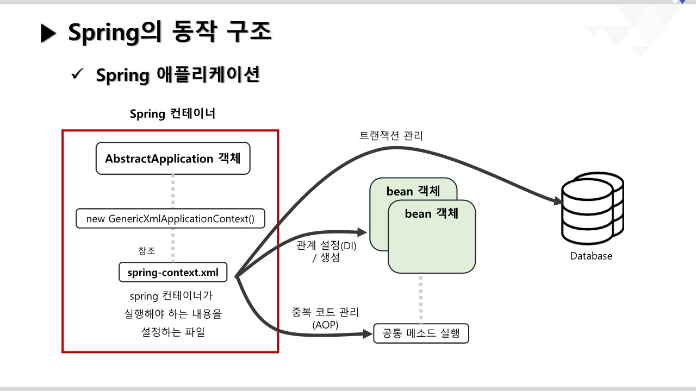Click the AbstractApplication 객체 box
(173, 159)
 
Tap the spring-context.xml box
(173, 273)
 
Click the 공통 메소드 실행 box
(421, 333)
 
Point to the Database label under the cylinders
(591, 256)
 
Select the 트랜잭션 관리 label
(391, 136)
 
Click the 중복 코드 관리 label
(326, 313)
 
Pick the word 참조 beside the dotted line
(147, 251)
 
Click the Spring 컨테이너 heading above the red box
(173, 114)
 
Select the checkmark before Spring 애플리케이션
(77, 74)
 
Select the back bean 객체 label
(413, 192)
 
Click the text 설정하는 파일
(173, 332)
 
